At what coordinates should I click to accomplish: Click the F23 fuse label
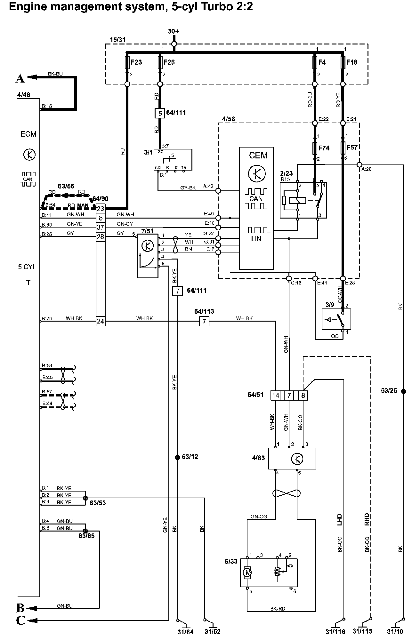click(137, 62)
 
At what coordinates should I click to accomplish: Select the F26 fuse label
click(169, 62)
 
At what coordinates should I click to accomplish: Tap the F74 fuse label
click(324, 148)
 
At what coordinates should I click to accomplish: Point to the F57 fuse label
click(352, 148)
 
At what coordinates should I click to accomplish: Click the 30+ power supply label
click(174, 31)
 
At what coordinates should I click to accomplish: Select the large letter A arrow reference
click(20, 78)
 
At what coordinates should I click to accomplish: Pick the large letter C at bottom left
click(20, 620)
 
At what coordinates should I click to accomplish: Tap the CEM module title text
click(258, 156)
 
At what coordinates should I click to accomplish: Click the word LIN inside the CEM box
click(256, 239)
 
